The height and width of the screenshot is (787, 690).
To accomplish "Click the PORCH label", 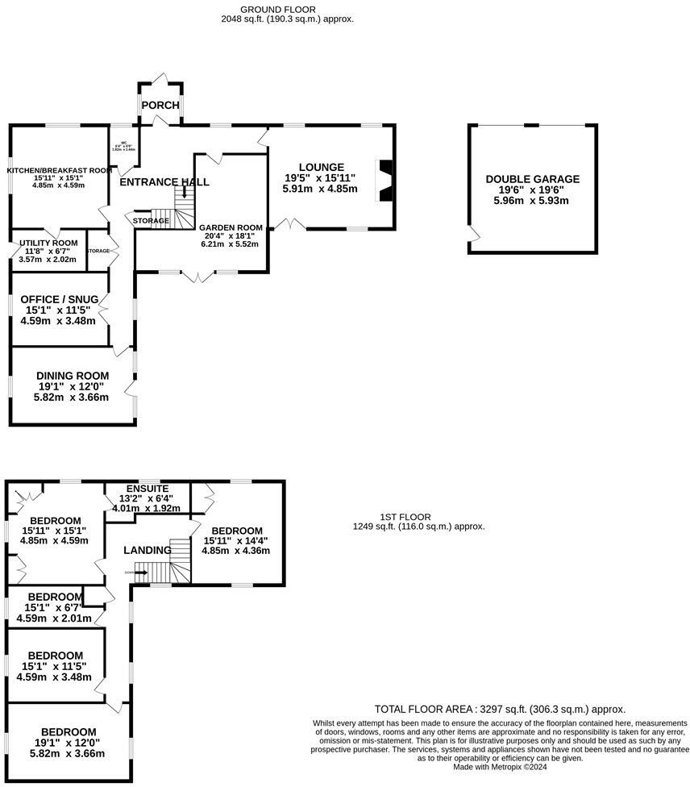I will (160, 106).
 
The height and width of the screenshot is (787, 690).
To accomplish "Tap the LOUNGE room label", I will (320, 167).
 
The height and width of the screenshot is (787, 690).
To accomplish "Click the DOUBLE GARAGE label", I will (532, 179).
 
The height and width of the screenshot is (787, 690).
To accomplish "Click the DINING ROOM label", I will (73, 376).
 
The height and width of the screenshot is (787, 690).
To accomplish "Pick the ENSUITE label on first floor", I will (148, 489).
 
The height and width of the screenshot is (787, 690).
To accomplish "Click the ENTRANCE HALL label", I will (164, 182).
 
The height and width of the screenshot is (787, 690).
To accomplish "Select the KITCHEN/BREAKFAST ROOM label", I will (58, 170).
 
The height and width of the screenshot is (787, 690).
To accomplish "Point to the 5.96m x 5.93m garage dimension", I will (532, 201).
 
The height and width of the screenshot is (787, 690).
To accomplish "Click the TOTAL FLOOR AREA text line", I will (500, 709).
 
